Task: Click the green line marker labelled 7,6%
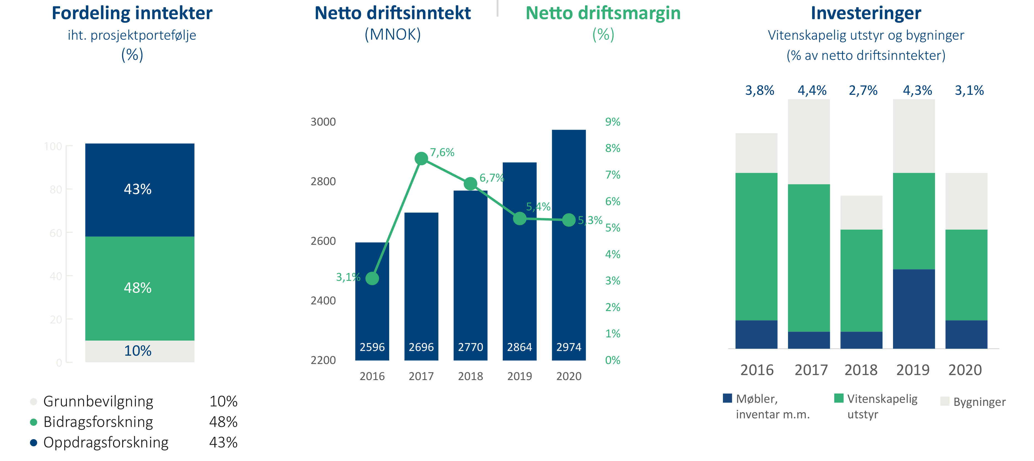click(x=421, y=159)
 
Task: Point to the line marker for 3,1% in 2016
click(x=372, y=278)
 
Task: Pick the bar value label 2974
click(x=568, y=347)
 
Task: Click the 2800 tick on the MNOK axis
click(x=323, y=182)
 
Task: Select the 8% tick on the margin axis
click(x=612, y=149)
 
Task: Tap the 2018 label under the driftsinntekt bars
click(x=470, y=376)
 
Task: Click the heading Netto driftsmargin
click(x=603, y=14)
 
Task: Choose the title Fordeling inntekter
click(x=132, y=14)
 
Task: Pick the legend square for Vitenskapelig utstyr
click(x=838, y=398)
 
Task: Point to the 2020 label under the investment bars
click(x=965, y=370)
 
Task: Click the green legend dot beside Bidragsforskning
click(x=34, y=422)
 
